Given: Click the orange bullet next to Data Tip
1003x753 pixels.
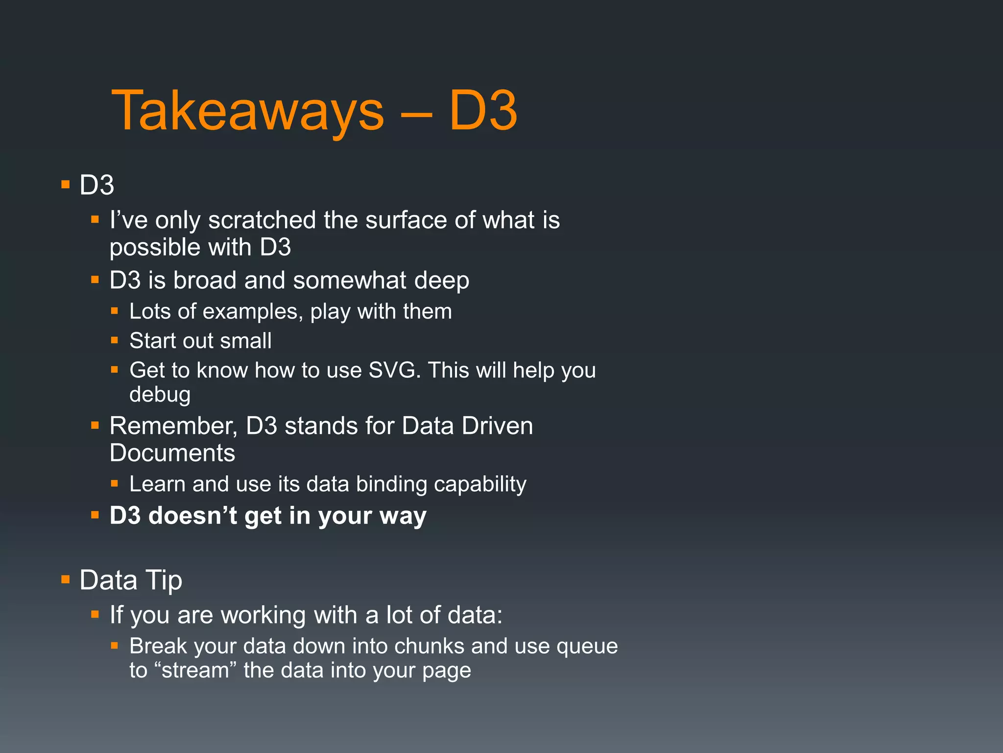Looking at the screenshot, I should click(x=66, y=580).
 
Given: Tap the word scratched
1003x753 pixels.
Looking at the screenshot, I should click(x=262, y=220).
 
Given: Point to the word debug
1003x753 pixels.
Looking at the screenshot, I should click(x=160, y=395).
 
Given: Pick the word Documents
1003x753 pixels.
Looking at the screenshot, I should click(x=172, y=453).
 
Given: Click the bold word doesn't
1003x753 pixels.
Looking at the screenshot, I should click(x=192, y=516).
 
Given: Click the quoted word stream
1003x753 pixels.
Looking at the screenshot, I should click(x=194, y=671).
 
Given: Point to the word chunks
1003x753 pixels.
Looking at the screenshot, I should click(x=429, y=646).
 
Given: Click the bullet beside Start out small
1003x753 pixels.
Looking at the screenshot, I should click(x=115, y=340).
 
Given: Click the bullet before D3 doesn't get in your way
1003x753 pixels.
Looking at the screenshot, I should click(x=95, y=515).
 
